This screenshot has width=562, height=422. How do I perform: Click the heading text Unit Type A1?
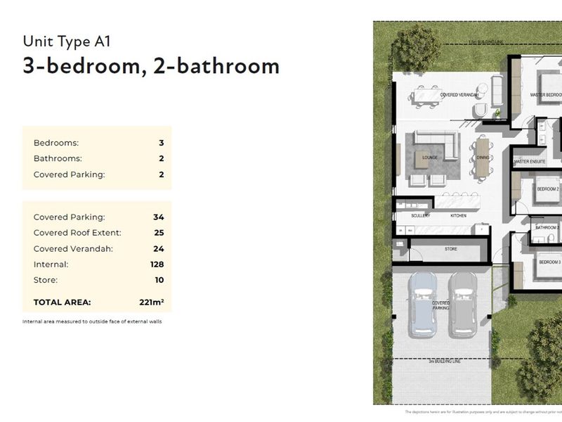click(x=67, y=41)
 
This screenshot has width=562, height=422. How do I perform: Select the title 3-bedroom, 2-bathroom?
click(x=151, y=65)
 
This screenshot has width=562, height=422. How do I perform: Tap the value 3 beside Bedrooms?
click(x=161, y=143)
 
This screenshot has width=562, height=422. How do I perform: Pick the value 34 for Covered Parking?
click(x=158, y=217)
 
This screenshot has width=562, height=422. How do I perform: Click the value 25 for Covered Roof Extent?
click(x=158, y=233)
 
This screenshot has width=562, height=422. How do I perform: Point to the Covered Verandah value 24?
click(x=158, y=248)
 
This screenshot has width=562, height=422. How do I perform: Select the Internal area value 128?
click(x=157, y=264)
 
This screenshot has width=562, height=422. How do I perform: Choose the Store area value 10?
click(x=159, y=280)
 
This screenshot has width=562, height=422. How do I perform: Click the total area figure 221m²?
click(x=151, y=302)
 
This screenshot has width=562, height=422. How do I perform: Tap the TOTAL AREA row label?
click(x=63, y=302)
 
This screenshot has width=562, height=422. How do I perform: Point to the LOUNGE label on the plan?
click(x=429, y=158)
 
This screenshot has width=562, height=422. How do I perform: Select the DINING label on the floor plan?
click(x=483, y=158)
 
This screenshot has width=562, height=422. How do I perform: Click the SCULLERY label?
click(x=421, y=215)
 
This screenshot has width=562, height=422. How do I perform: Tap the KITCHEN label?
click(x=458, y=215)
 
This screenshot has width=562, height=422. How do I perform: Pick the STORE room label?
click(x=450, y=249)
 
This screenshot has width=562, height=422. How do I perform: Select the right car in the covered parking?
click(x=463, y=302)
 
